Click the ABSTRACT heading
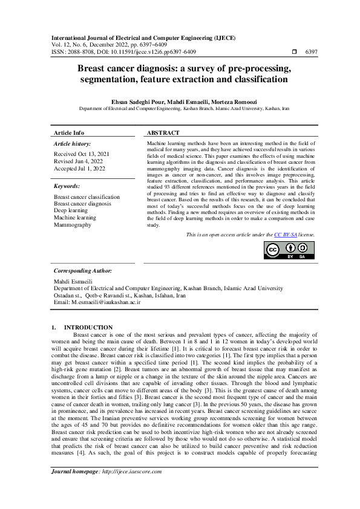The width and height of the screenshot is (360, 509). pos(163,133)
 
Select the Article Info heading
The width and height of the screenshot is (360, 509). pos(69,133)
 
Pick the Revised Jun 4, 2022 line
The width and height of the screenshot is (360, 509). pos(76,162)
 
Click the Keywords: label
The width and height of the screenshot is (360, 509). pos(67,187)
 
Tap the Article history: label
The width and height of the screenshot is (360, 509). pos(73,144)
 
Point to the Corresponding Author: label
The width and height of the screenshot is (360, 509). pos(83,271)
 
